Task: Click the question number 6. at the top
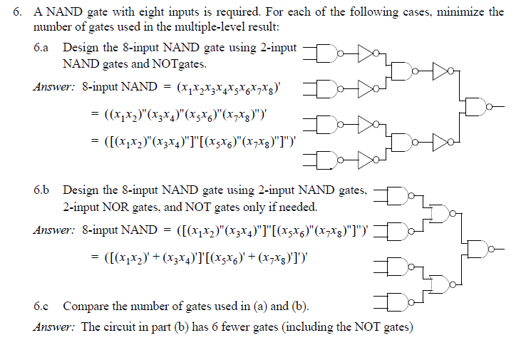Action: coord(18,12)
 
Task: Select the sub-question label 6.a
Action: coord(41,49)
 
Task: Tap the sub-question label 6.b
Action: coord(41,191)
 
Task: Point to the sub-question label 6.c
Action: coord(41,307)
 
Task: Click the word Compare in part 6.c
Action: coord(84,307)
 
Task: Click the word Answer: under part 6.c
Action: coord(54,327)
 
